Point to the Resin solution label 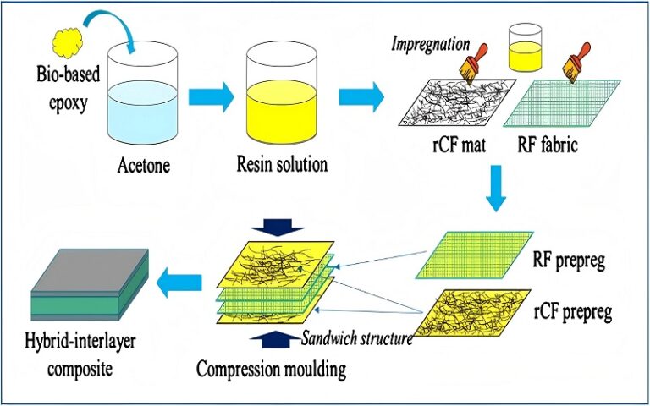[x=282, y=165]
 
